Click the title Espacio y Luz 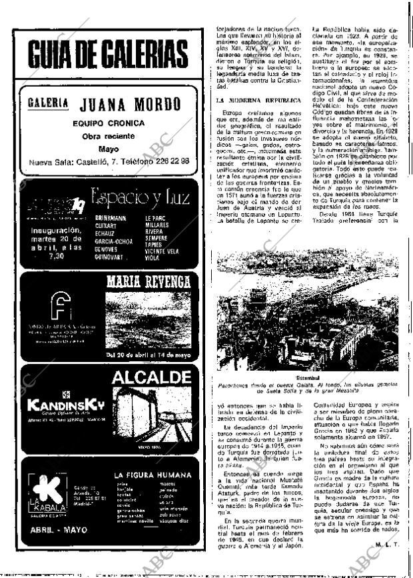click(141, 197)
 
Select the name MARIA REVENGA click(149, 281)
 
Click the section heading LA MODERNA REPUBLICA click(259, 100)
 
